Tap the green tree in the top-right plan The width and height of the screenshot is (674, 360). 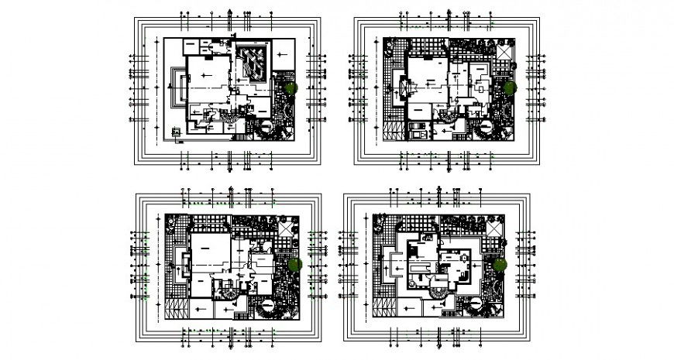[x=509, y=88]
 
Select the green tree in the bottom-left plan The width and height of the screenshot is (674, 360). [x=294, y=266]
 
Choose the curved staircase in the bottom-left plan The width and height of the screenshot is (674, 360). [x=230, y=296]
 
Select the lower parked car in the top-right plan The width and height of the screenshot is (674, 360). [x=418, y=133]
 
